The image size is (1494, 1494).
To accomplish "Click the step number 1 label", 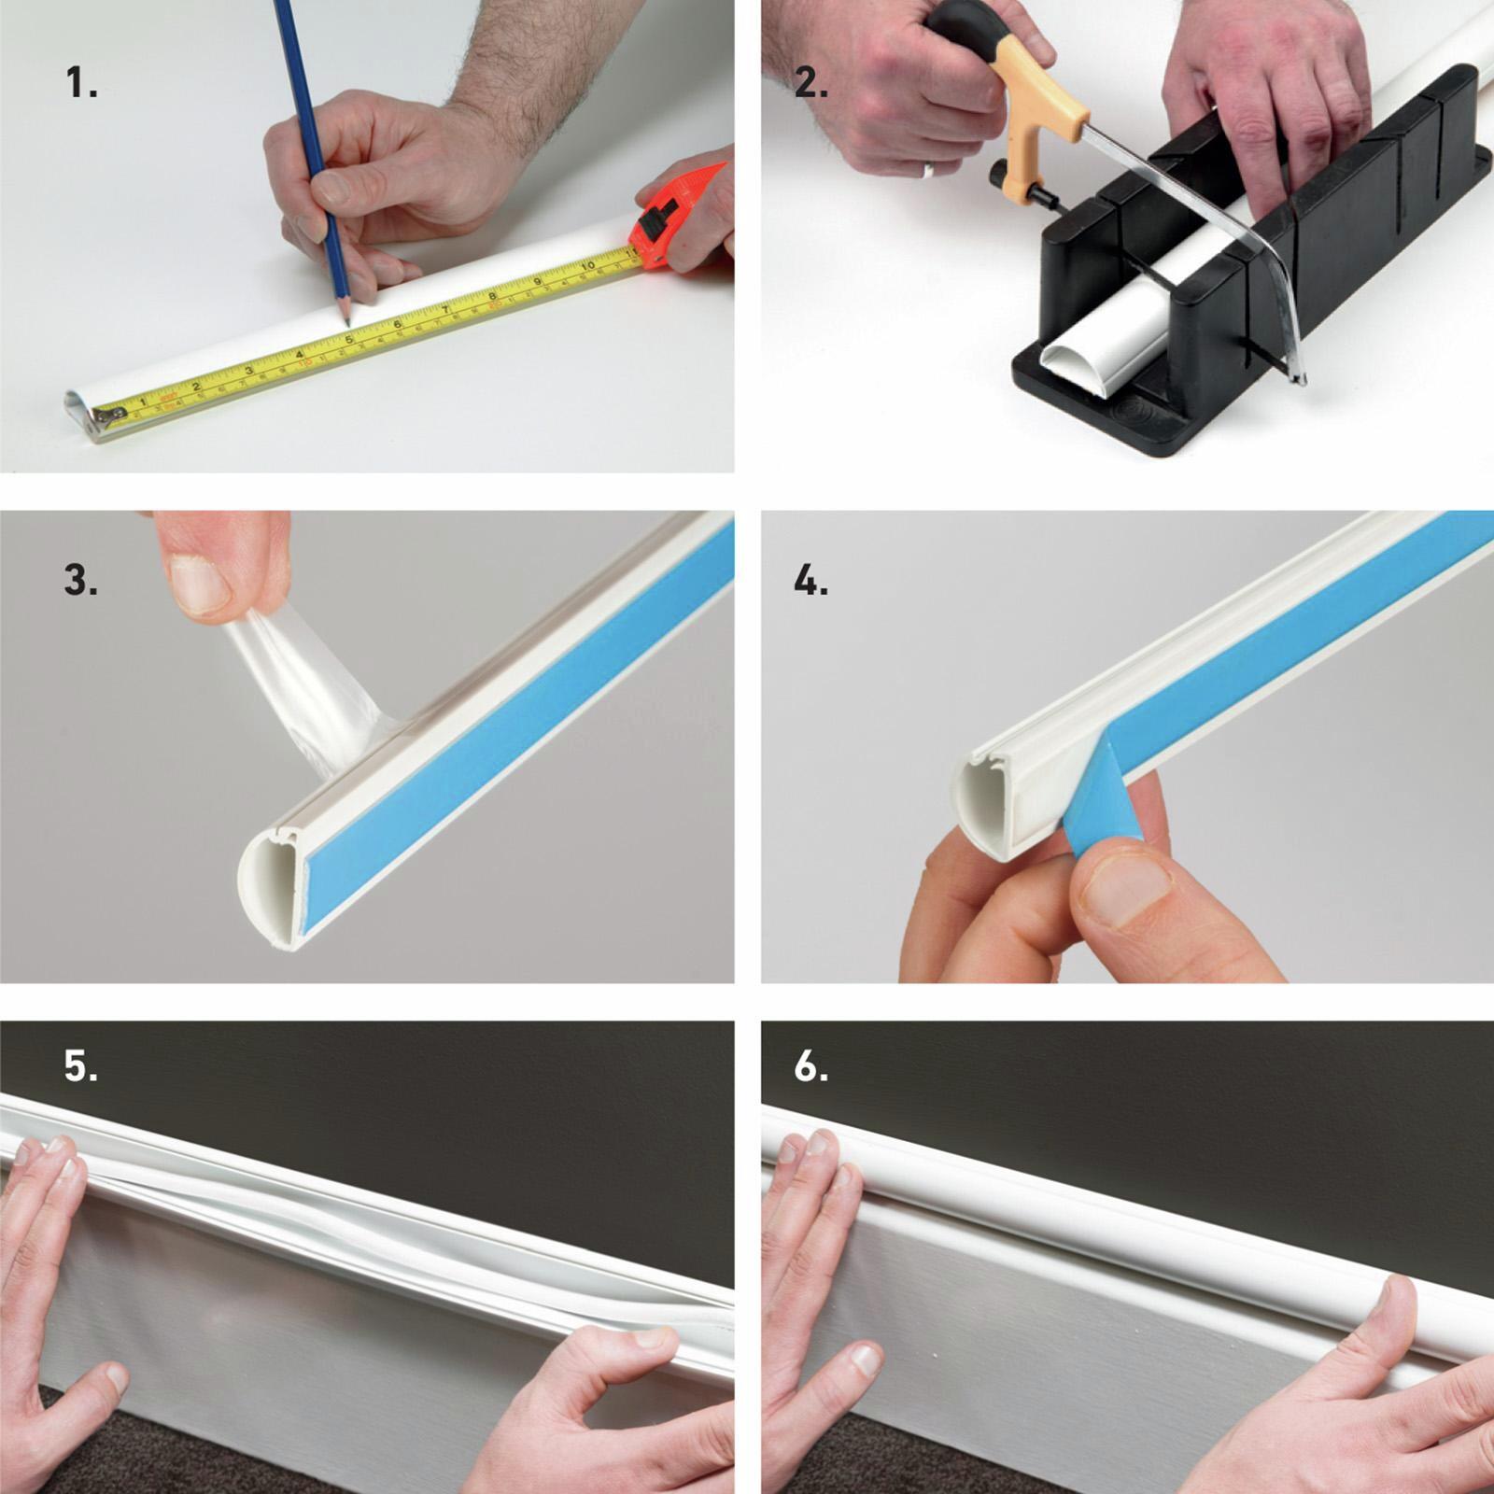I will click(x=81, y=84).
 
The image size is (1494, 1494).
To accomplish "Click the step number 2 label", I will click(x=810, y=84).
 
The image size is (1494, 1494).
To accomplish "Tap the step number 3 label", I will click(x=81, y=580).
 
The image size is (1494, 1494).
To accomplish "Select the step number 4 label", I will click(x=810, y=580).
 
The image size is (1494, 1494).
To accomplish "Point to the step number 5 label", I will click(x=81, y=1065).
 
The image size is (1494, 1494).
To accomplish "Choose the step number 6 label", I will click(x=810, y=1065).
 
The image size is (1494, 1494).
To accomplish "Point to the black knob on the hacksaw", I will click(x=998, y=175).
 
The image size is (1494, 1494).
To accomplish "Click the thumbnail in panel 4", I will click(x=1121, y=887).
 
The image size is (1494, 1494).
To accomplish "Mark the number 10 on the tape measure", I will click(x=585, y=266).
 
